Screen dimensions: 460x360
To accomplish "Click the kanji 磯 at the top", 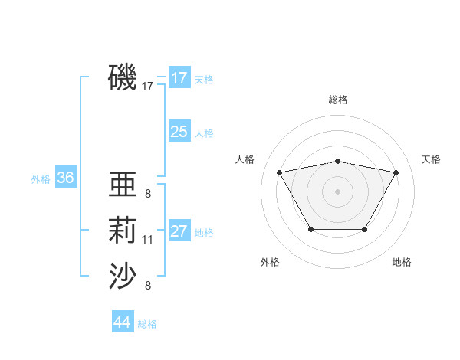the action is (123, 77).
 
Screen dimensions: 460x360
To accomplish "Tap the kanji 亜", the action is (123, 185).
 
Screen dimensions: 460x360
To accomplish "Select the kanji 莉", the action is (123, 231).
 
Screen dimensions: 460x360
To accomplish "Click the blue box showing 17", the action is (179, 78).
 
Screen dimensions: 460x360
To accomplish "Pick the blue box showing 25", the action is (179, 132).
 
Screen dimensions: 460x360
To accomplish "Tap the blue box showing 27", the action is (179, 232).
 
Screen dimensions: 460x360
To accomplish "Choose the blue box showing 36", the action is (65, 178).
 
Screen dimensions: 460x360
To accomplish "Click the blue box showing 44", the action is (122, 322).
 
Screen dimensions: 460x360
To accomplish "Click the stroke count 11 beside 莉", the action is (148, 240).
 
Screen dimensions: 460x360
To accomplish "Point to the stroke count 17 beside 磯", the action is (148, 87).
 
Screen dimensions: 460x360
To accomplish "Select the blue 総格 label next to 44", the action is (147, 324).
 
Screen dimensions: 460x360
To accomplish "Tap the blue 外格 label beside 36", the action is (41, 179).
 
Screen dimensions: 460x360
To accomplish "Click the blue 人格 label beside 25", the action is (204, 133).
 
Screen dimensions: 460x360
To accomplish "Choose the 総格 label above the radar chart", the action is (337, 100).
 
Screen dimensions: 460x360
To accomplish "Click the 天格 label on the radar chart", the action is (431, 159).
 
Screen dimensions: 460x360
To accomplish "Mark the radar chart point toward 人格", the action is (279, 172).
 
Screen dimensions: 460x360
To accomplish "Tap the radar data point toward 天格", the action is (396, 172).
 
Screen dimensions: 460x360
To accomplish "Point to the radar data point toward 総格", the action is (337, 161).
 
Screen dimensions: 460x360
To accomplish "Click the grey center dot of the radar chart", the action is (337, 191).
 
